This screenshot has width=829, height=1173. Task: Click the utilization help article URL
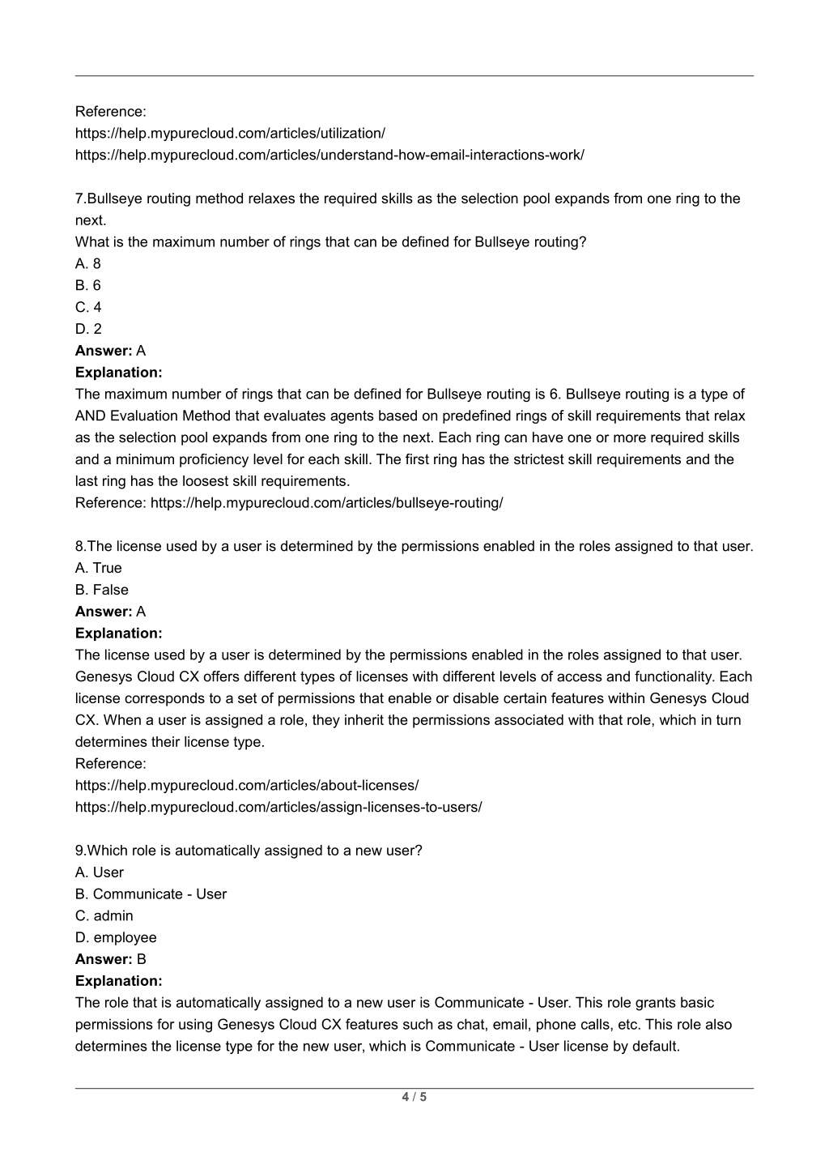tap(230, 133)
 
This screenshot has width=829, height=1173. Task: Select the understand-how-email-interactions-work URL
tap(329, 155)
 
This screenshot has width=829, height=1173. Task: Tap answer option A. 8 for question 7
tap(88, 263)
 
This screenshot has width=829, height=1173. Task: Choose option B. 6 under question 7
tap(88, 285)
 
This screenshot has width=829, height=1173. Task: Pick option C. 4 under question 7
tap(88, 307)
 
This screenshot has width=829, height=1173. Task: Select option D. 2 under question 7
tap(88, 329)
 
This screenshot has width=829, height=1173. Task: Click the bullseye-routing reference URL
tap(326, 503)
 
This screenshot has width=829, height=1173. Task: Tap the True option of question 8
tap(99, 568)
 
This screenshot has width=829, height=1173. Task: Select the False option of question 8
tap(102, 590)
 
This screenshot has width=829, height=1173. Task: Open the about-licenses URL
tap(247, 785)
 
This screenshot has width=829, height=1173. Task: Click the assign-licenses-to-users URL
tap(278, 807)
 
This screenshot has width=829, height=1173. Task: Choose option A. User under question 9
tap(100, 872)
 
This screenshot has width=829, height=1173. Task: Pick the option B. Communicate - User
tap(151, 894)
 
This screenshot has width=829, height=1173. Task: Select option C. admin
tap(104, 916)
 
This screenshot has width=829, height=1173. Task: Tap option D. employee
tap(116, 938)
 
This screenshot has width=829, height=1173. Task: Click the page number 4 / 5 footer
tap(414, 1098)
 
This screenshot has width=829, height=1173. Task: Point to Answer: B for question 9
tap(111, 959)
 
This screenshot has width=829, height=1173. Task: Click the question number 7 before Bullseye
tap(79, 198)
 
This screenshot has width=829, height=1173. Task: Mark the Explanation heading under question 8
tap(119, 633)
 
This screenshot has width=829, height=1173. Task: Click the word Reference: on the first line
tap(111, 111)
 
